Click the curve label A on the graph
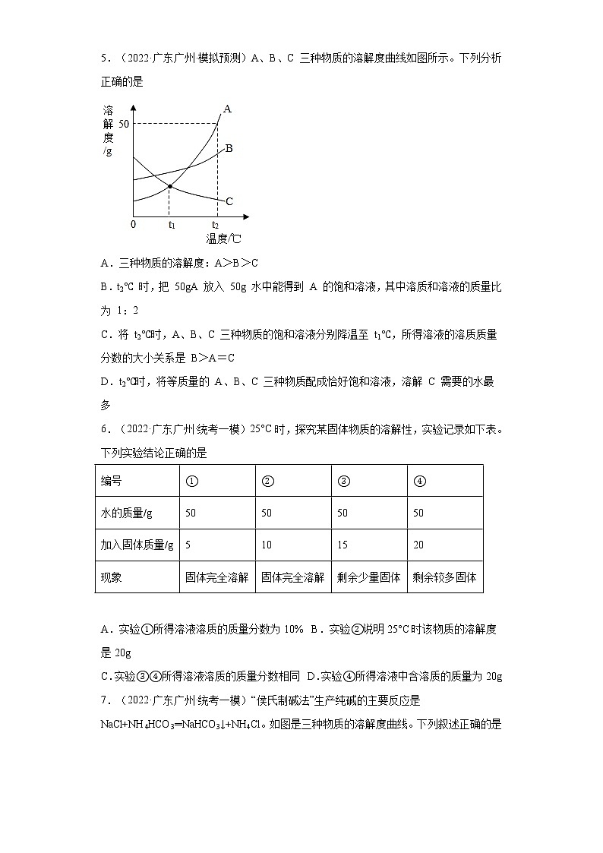[x=227, y=109]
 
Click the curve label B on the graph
[x=229, y=148]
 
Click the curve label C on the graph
[x=229, y=201]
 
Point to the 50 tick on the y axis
[x=125, y=123]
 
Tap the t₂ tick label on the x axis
[x=215, y=225]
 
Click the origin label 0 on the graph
[x=133, y=225]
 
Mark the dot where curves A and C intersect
[x=169, y=186]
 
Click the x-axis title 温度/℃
[x=224, y=239]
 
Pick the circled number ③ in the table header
[x=343, y=481]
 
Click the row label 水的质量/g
[x=127, y=513]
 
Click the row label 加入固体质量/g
[x=137, y=545]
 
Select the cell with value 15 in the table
[x=343, y=545]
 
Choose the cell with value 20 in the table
[x=418, y=545]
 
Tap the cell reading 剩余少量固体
[x=368, y=577]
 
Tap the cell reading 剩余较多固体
[x=444, y=577]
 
